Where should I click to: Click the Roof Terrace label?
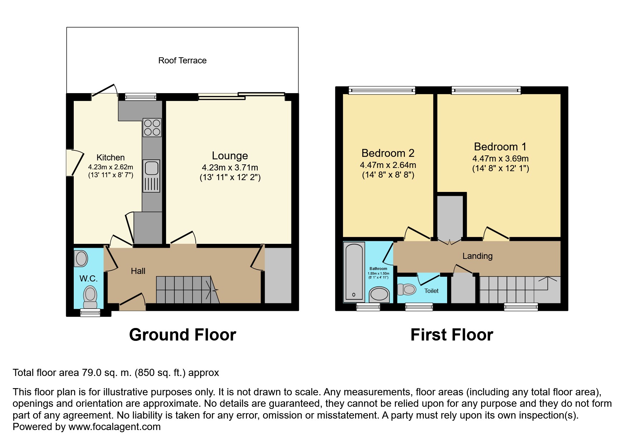tap(182, 61)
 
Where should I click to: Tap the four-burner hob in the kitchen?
tap(152, 127)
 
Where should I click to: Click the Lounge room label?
tap(230, 156)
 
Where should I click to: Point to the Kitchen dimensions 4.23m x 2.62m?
tap(111, 167)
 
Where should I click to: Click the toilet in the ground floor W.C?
tap(90, 296)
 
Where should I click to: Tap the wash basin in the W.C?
tap(81, 259)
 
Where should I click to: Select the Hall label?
tap(138, 271)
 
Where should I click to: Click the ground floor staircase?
tap(186, 290)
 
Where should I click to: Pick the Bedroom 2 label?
tap(388, 153)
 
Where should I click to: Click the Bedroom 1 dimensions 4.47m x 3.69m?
tap(500, 159)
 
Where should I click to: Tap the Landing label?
tap(477, 256)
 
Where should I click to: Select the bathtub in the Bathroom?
tap(354, 272)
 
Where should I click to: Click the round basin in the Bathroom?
tap(379, 294)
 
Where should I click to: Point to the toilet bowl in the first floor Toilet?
tap(407, 289)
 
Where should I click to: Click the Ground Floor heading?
tap(183, 335)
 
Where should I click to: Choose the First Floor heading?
tap(451, 335)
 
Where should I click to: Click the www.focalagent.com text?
tap(115, 427)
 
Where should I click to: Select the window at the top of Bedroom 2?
tap(382, 90)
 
